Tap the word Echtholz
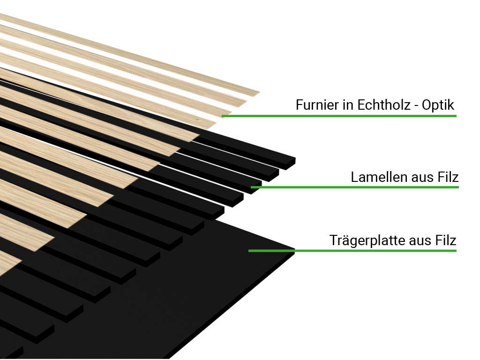point(384,105)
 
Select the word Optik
point(438,105)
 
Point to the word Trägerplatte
point(367,240)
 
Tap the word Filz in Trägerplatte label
point(446,240)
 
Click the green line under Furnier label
point(339,116)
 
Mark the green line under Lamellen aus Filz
point(355,187)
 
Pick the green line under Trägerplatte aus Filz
point(352,251)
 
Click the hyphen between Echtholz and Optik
point(416,106)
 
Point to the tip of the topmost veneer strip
point(260,92)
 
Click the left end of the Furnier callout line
point(222,116)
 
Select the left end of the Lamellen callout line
point(251,187)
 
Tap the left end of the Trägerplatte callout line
point(249,251)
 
